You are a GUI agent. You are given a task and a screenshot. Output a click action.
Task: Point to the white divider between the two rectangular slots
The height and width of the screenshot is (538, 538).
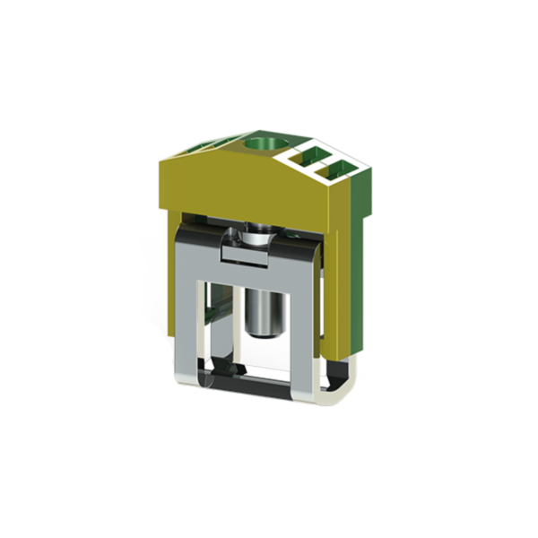(x=329, y=163)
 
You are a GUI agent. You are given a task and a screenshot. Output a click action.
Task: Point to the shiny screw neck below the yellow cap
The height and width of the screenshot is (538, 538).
(x=258, y=237)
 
